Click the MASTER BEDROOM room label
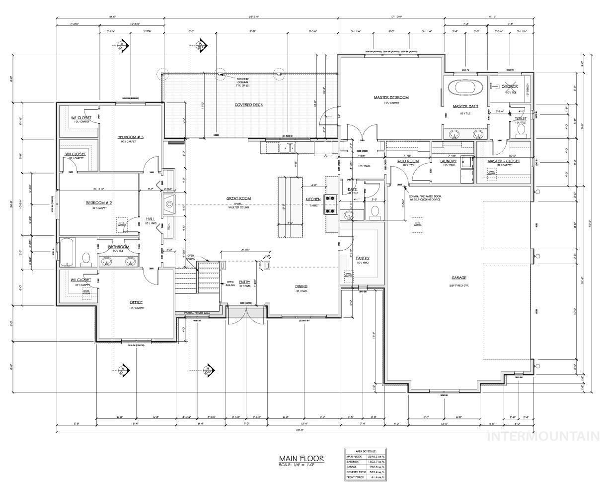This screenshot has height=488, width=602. [x=391, y=97]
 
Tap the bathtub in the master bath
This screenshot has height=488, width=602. [x=466, y=87]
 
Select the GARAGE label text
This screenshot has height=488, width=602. [x=458, y=278]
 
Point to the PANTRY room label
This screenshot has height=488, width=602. [x=362, y=258]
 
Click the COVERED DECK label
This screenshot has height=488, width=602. [x=248, y=105]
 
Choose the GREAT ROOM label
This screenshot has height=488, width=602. [x=238, y=198]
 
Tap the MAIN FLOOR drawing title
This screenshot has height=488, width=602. [x=301, y=458]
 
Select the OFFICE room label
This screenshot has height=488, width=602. [x=136, y=302]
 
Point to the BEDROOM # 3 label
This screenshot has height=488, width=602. [x=130, y=137]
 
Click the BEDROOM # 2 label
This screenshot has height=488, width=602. [x=99, y=203]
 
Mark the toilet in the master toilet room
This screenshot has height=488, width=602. [x=521, y=130]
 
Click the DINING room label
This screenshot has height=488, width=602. [x=301, y=286]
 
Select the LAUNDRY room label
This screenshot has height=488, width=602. [x=448, y=161]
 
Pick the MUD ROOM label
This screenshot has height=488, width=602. [x=408, y=161]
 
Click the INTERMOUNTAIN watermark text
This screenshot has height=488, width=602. [x=543, y=436]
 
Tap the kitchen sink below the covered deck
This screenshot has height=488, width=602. [x=287, y=148]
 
